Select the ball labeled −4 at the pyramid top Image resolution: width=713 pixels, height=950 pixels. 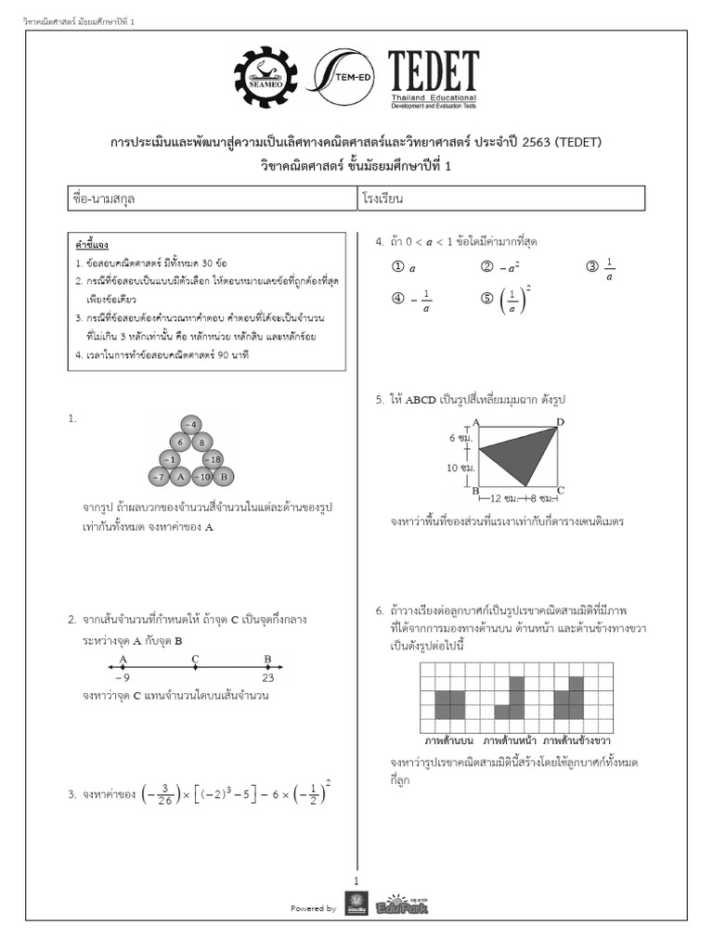[191, 425]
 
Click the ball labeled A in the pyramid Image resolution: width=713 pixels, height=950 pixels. [180, 477]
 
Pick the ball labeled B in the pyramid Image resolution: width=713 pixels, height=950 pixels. [223, 477]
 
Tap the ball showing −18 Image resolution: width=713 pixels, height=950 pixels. [213, 459]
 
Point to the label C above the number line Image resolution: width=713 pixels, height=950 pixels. [195, 660]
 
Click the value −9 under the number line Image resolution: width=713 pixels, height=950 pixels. [123, 678]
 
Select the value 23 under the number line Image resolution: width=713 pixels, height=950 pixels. [267, 678]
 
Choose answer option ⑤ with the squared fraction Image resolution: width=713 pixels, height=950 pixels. [512, 300]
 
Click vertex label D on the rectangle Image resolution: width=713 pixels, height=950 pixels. [560, 423]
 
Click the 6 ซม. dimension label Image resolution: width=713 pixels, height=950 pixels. [460, 437]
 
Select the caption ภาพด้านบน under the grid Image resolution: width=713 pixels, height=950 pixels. [449, 742]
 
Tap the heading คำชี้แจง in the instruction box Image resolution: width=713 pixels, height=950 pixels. [93, 245]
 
